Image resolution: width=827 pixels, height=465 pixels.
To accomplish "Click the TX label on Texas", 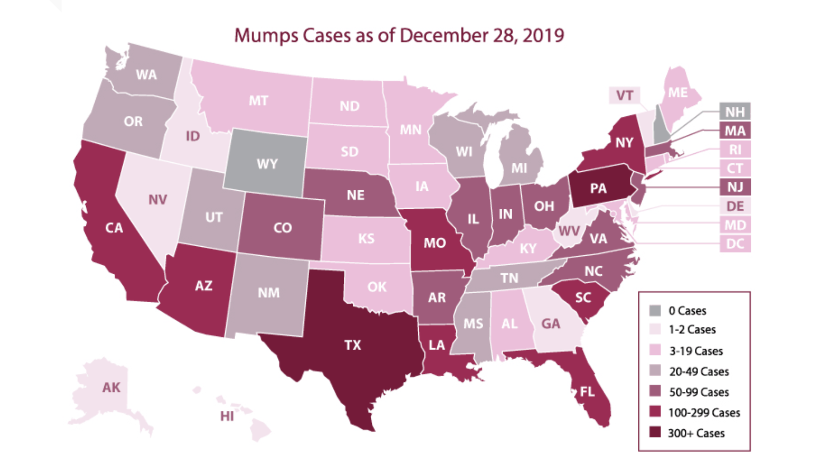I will (x=352, y=345).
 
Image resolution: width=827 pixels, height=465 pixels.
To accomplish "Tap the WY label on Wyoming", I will (x=267, y=164).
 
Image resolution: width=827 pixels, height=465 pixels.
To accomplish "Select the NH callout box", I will (x=735, y=112).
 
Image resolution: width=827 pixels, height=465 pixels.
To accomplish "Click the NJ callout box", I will (x=735, y=187).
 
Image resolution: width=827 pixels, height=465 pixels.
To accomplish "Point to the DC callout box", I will (x=735, y=244).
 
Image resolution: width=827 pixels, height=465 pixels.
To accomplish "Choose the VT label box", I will (x=625, y=96).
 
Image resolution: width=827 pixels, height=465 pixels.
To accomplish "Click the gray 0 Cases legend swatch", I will (x=655, y=310).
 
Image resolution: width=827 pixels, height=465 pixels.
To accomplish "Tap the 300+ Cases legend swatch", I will (x=655, y=432).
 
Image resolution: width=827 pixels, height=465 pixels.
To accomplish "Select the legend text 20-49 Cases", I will (x=699, y=372).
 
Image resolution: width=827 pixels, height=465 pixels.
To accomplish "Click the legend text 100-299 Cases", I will (x=704, y=412).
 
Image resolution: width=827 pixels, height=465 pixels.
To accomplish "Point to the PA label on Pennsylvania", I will (x=598, y=188).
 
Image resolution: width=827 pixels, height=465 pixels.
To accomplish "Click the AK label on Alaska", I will (x=111, y=387).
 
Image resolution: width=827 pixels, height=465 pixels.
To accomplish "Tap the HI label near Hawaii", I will (x=227, y=416).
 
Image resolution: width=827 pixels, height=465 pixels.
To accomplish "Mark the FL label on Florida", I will (x=587, y=391).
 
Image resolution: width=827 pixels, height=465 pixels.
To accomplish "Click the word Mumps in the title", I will (x=266, y=35).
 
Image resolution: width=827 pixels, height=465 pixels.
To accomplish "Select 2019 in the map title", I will (x=543, y=35).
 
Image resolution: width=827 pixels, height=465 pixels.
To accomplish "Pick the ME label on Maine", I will (x=678, y=93).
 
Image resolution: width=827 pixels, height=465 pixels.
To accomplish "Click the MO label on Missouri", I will (x=435, y=243).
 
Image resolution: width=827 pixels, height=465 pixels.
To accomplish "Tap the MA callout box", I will (x=735, y=130).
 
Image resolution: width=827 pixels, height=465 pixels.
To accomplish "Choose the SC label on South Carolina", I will (x=583, y=298).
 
